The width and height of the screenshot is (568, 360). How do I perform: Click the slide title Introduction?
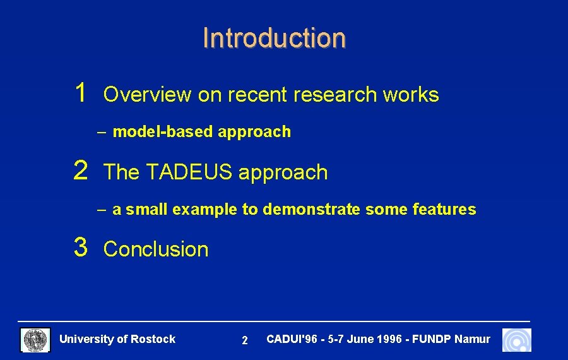pos(274,38)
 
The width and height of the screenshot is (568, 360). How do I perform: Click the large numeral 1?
pos(80,93)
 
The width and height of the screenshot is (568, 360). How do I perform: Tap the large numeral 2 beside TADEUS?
pos(80,171)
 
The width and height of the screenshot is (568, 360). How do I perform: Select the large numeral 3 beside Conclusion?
pos(80,247)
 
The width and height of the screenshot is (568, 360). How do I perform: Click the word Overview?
pos(147,95)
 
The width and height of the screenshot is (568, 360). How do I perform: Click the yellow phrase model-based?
pos(163,132)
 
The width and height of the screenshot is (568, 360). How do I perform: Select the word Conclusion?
pos(155,249)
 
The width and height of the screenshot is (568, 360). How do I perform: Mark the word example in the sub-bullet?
pos(206,210)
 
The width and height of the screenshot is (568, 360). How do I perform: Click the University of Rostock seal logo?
pos(36,340)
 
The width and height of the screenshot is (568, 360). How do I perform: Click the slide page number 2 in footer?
pos(245,341)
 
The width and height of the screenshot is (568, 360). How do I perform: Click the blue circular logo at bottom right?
pos(516,340)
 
